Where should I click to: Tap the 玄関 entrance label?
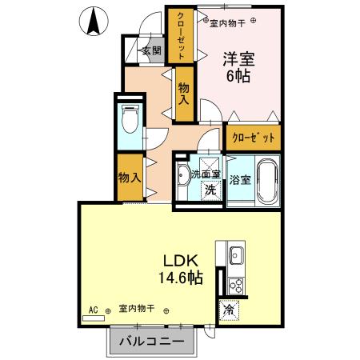(x=151, y=50)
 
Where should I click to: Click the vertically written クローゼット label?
(x=181, y=35)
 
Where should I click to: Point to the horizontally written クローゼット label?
(x=253, y=138)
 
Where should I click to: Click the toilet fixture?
(x=129, y=121)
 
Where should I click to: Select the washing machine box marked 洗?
(x=210, y=190)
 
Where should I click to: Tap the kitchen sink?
(x=237, y=257)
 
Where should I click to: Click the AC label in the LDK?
(x=94, y=308)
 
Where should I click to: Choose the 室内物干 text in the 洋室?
(x=227, y=23)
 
